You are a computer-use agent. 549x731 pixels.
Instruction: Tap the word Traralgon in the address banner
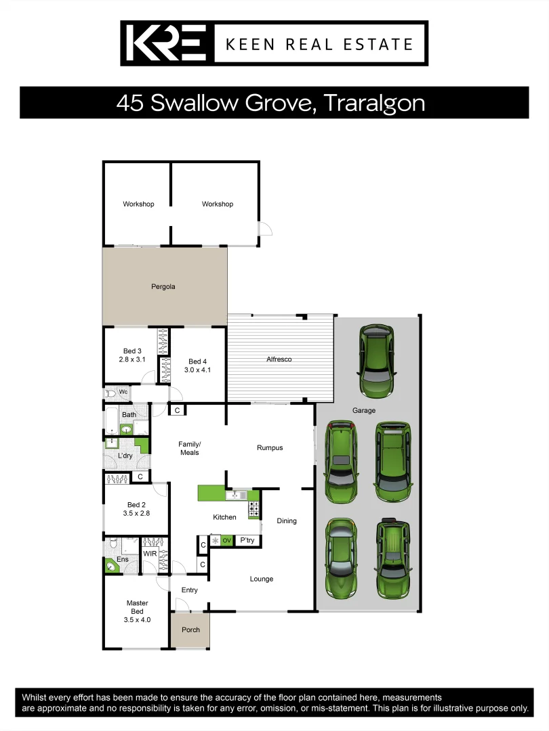tap(374, 103)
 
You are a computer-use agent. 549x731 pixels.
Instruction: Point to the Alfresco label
tap(279, 359)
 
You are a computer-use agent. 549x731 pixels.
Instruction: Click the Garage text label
tap(363, 410)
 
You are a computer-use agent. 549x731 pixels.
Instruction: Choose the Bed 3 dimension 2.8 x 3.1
tap(132, 359)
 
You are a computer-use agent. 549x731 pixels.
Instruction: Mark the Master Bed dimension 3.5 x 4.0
tap(137, 619)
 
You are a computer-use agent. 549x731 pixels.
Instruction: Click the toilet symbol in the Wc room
tap(110, 393)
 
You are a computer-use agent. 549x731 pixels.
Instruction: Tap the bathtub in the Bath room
tap(110, 421)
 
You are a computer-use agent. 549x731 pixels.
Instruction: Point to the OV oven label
tap(226, 540)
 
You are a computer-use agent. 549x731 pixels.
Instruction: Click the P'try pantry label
tap(247, 540)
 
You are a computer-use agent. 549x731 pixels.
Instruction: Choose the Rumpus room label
tap(270, 447)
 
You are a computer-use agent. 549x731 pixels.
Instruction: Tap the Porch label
tap(191, 629)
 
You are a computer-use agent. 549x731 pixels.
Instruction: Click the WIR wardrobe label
tap(150, 554)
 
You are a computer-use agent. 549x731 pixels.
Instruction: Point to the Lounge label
tap(262, 579)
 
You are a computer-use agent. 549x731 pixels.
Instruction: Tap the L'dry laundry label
tap(125, 456)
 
